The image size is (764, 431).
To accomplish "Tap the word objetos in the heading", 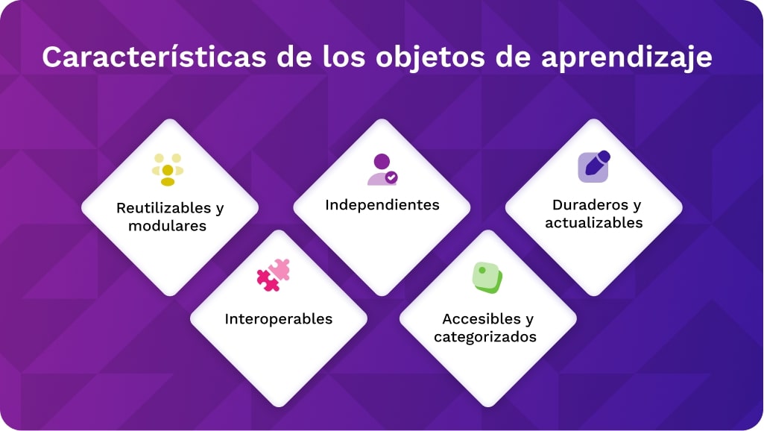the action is [x=430, y=57].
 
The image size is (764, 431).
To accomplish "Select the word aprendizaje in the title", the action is [x=627, y=57].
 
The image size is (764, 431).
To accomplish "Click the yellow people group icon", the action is [x=168, y=170].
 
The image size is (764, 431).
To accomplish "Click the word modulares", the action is [x=167, y=226].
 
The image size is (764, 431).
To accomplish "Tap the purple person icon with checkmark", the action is [x=382, y=170].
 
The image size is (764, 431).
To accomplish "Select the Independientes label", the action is [x=382, y=205].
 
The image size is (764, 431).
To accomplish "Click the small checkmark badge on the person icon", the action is [x=391, y=178].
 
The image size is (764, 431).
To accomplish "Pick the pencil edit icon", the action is [x=594, y=166].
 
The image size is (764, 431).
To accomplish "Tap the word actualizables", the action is [x=594, y=222].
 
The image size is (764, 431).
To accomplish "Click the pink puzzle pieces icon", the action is [x=274, y=275].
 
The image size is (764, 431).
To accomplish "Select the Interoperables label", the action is [x=279, y=319].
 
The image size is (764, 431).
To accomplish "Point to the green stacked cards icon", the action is [x=487, y=278].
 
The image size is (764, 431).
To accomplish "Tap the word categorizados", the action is [x=485, y=336].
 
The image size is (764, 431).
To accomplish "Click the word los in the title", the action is [x=344, y=57].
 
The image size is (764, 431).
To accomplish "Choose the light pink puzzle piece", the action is [x=280, y=268].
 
